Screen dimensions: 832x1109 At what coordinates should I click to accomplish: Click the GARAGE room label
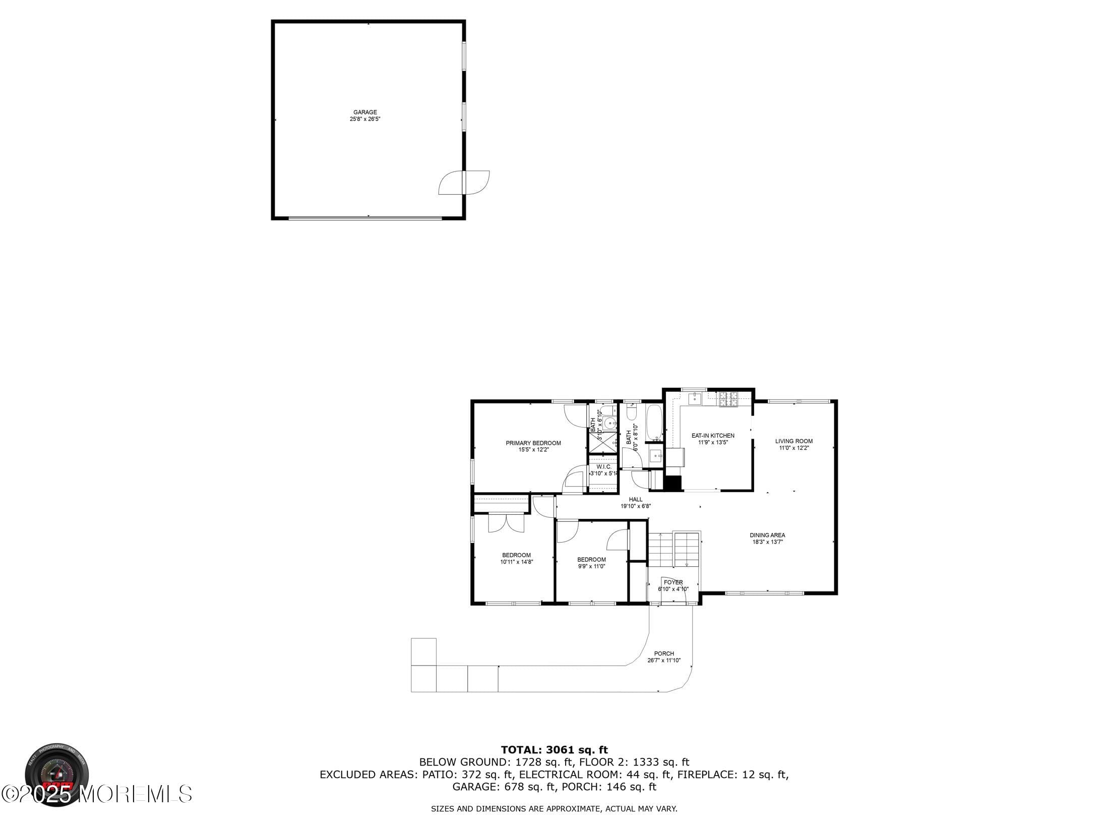(x=365, y=112)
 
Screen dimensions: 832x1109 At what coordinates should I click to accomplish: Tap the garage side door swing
(x=464, y=183)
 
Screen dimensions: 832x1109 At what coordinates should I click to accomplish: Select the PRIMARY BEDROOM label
(x=533, y=443)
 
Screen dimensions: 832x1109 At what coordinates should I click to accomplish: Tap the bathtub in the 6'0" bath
(x=654, y=423)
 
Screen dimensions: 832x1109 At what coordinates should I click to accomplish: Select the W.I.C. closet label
(x=603, y=467)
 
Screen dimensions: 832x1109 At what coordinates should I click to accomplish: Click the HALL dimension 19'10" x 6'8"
(x=636, y=506)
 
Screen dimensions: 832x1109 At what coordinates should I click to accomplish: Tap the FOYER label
(x=673, y=582)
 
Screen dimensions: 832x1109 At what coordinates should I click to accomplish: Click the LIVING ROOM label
(x=794, y=441)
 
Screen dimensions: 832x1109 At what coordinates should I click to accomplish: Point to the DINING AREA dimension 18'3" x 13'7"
(x=767, y=542)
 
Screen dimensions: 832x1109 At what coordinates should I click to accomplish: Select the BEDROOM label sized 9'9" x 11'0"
(x=591, y=559)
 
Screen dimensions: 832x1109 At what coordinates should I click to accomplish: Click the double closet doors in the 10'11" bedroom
(x=506, y=523)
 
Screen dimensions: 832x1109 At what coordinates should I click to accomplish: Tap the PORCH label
(x=664, y=653)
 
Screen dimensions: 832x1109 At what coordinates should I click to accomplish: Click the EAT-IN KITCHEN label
(x=713, y=436)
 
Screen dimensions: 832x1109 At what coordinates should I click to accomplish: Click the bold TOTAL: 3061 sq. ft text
(x=555, y=750)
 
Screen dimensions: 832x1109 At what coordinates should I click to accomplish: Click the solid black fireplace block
(x=672, y=483)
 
